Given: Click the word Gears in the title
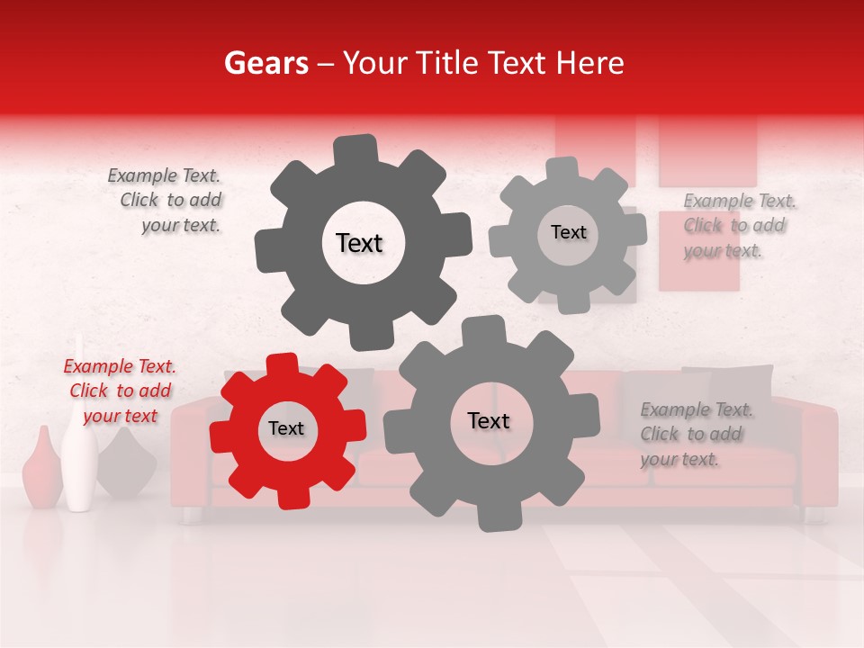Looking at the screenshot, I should pos(265,64).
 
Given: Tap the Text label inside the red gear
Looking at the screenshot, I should pos(286,429).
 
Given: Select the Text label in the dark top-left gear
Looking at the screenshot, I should pos(359,243).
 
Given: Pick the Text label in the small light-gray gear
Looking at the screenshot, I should pos(568,232).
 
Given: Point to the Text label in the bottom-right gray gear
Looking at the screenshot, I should pos(489,421).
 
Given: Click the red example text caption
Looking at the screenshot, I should pos(120,391).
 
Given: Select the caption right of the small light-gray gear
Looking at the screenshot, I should pos(738,225).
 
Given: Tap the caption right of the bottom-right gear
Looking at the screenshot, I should pos(695,434).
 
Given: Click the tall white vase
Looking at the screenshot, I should pos(79,450).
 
